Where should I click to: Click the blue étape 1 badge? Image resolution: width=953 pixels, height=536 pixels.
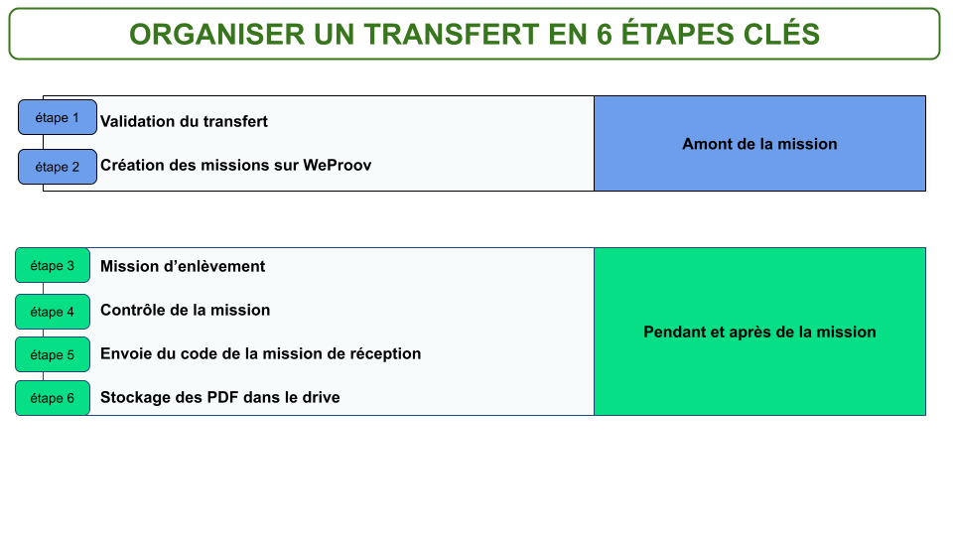click(x=58, y=117)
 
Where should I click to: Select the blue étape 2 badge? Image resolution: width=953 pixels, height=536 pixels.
click(x=58, y=167)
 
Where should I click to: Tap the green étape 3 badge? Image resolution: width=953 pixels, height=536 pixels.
click(x=53, y=266)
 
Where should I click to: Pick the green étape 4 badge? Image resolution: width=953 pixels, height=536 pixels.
click(x=53, y=312)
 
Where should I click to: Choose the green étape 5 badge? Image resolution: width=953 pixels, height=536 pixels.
click(x=53, y=354)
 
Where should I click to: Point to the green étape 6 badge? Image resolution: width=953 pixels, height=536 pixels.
click(x=53, y=398)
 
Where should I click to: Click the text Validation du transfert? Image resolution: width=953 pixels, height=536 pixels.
click(x=184, y=121)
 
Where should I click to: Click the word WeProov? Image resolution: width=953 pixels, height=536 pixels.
click(x=338, y=166)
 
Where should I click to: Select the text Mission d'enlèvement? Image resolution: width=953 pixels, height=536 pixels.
click(x=183, y=266)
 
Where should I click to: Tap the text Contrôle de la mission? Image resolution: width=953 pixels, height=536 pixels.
click(x=185, y=310)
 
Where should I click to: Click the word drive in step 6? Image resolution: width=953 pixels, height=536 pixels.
click(x=321, y=397)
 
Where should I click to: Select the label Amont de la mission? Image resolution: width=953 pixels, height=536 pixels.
click(x=759, y=144)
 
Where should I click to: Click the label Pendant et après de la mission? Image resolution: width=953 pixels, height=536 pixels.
click(x=759, y=332)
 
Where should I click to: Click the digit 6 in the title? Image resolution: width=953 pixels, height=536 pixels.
click(x=605, y=34)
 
